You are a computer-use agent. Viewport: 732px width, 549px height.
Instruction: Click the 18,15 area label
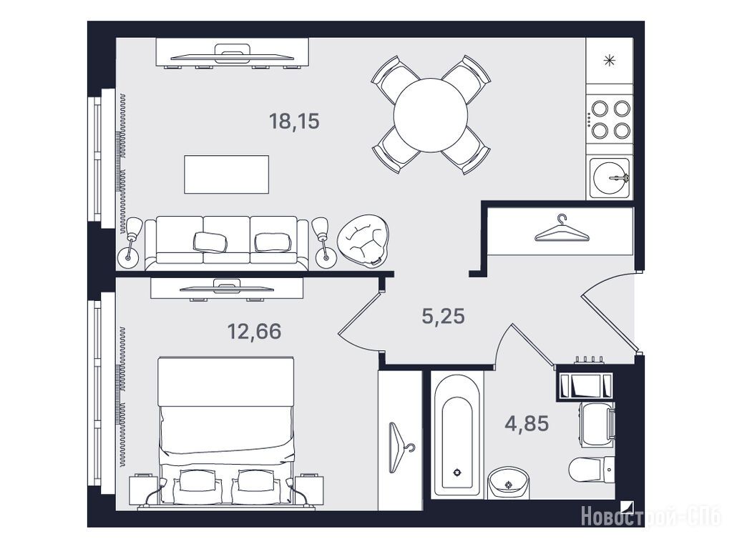(294, 122)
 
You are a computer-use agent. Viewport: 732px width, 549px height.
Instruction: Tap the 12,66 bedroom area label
(254, 331)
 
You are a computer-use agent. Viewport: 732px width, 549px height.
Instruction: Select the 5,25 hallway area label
(443, 316)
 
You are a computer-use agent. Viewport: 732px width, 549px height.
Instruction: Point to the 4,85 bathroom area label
(527, 423)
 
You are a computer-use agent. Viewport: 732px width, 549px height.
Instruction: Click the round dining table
(431, 115)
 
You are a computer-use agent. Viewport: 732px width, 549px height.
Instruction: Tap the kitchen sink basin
(609, 178)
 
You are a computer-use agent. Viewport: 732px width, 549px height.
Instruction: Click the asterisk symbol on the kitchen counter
(609, 61)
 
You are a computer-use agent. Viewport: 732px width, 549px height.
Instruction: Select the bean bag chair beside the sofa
(363, 241)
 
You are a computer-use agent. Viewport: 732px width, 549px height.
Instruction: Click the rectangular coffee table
(226, 174)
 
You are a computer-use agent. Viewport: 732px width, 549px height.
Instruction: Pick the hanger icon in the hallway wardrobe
(562, 229)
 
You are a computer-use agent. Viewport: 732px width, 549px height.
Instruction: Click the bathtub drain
(456, 472)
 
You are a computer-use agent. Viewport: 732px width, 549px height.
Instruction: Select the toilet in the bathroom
(592, 469)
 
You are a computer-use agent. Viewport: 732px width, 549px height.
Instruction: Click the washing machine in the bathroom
(597, 422)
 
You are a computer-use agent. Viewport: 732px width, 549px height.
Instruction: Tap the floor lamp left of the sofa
(130, 243)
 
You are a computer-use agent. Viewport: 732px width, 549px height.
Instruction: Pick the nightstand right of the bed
(309, 490)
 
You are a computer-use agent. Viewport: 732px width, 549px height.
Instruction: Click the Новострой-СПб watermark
(651, 517)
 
